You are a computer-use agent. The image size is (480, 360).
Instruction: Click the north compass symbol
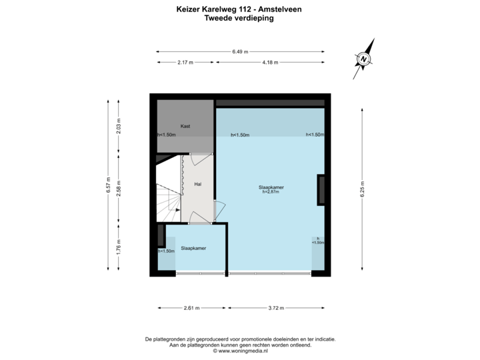click(x=364, y=59)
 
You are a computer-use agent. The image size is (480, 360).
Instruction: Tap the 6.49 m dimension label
click(x=241, y=51)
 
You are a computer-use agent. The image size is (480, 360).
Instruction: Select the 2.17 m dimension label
click(x=185, y=62)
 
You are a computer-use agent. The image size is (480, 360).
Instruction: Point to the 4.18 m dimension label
click(x=270, y=62)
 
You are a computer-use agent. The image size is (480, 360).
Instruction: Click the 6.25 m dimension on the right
click(x=361, y=185)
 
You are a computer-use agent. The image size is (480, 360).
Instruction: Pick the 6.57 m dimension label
click(x=107, y=185)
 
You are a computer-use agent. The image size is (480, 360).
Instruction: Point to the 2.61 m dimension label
click(x=191, y=308)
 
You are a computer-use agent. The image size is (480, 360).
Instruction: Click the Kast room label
click(x=185, y=125)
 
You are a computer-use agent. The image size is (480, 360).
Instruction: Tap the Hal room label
click(x=198, y=183)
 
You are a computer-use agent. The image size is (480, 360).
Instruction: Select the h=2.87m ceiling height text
click(x=271, y=193)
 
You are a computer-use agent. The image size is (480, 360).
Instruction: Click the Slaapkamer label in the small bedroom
click(x=193, y=248)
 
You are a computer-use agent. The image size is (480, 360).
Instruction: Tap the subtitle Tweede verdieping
click(x=239, y=19)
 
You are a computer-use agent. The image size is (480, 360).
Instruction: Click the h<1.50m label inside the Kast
click(x=166, y=135)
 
